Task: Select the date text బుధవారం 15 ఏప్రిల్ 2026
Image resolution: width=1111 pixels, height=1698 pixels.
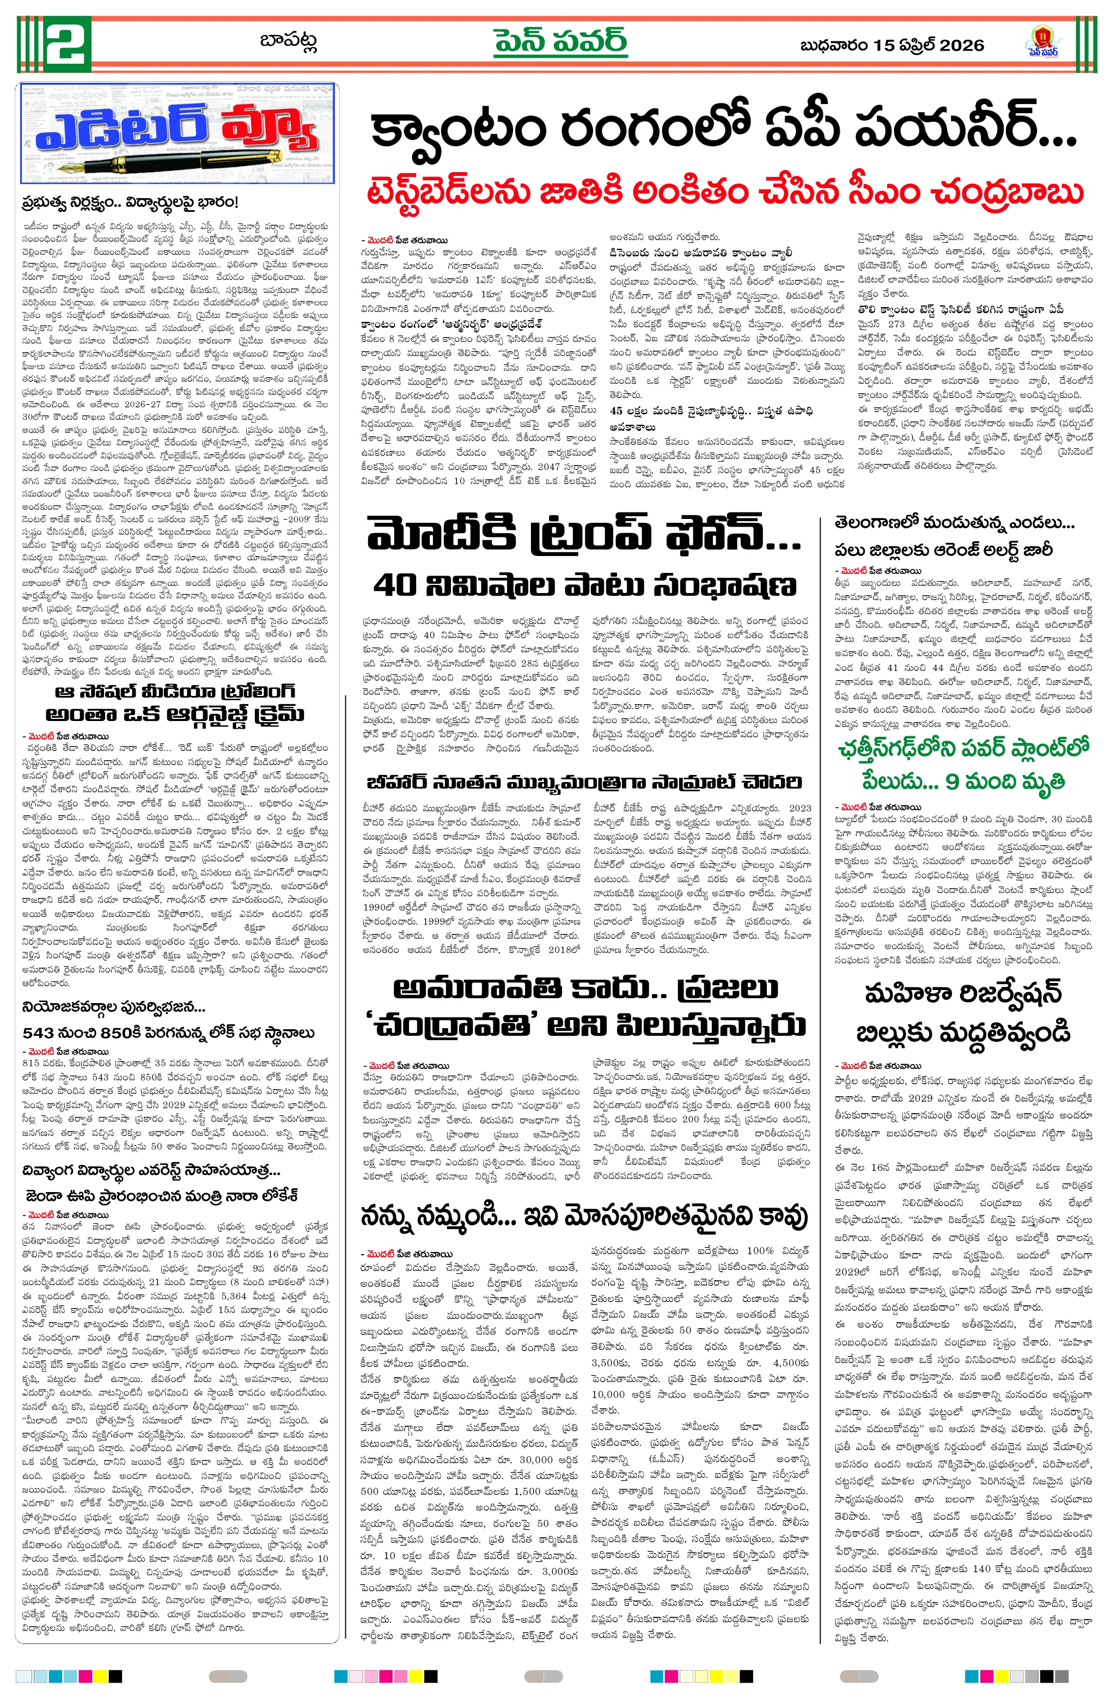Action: [x=892, y=46]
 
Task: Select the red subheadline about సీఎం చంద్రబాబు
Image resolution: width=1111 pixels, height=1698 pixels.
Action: [x=724, y=191]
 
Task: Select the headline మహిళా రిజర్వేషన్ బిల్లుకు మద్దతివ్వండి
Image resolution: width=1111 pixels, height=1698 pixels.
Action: [x=963, y=1012]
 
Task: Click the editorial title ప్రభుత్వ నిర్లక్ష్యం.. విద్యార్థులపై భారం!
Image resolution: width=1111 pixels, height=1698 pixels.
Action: [x=129, y=203]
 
